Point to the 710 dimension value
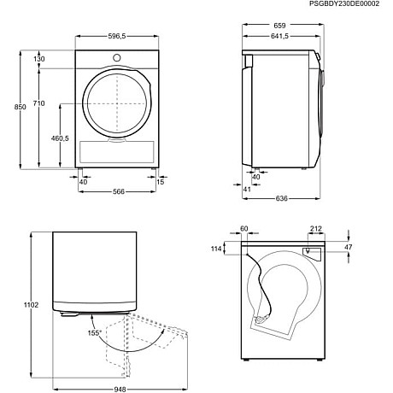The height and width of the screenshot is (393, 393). tap(38, 103)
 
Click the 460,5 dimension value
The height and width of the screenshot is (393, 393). tap(60, 138)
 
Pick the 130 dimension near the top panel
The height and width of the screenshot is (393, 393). tap(39, 58)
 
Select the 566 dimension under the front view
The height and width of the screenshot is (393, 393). tap(119, 192)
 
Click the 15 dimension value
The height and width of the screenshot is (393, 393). tap(161, 181)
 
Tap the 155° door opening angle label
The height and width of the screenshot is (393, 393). tap(95, 332)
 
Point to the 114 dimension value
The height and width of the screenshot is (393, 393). tap(217, 249)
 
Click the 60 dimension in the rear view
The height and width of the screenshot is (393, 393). tap(243, 229)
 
